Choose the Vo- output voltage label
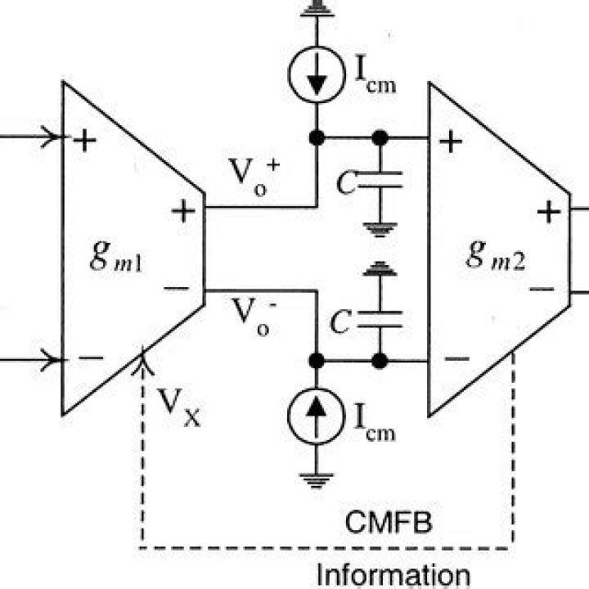pyautogui.click(x=252, y=316)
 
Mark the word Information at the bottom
pyautogui.click(x=393, y=574)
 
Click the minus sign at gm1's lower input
pyautogui.click(x=90, y=357)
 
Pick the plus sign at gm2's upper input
pyautogui.click(x=449, y=142)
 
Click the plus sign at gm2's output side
pyautogui.click(x=548, y=214)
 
